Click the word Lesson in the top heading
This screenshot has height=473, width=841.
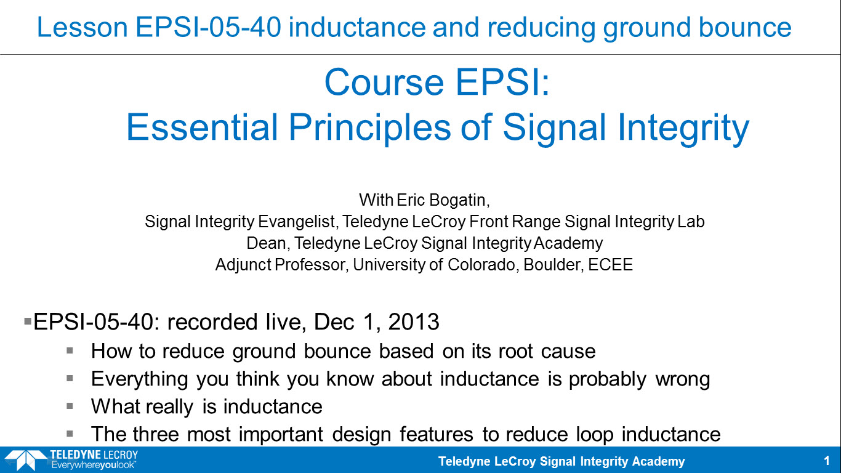pos(82,27)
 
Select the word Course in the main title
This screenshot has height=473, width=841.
pos(384,83)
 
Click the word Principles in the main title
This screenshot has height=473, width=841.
pos(369,127)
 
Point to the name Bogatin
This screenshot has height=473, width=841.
pos(459,200)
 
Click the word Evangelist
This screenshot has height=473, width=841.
pos(297,222)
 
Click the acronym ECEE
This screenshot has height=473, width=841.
pos(611,265)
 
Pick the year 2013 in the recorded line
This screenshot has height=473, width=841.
pos(413,322)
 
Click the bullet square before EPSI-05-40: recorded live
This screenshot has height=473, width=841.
pos(28,321)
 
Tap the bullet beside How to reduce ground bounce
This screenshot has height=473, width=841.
pos(70,351)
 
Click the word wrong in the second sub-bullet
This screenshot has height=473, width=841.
pos(683,379)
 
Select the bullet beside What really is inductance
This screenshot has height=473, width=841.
pos(70,406)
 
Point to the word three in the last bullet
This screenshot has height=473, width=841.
pos(155,434)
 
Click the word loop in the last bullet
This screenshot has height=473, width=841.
pos(595,435)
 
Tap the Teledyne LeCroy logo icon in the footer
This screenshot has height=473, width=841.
pos(25,459)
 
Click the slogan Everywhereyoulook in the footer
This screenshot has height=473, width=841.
pos(93,466)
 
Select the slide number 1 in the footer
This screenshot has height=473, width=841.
pos(826,461)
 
